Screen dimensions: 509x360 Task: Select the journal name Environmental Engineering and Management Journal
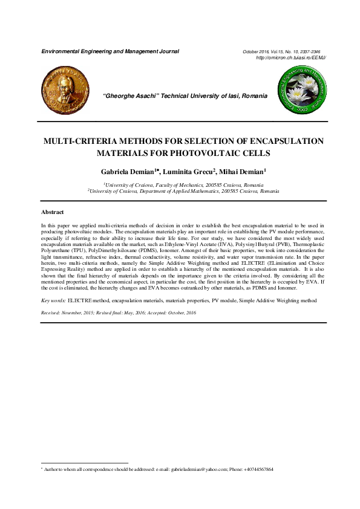(110, 51)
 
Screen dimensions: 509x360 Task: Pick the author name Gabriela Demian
(126, 172)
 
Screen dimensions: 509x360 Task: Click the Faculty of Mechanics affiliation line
(183, 184)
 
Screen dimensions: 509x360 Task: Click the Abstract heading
(53, 212)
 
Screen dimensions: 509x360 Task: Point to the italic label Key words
(53, 300)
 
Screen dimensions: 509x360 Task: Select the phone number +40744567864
(257, 469)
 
